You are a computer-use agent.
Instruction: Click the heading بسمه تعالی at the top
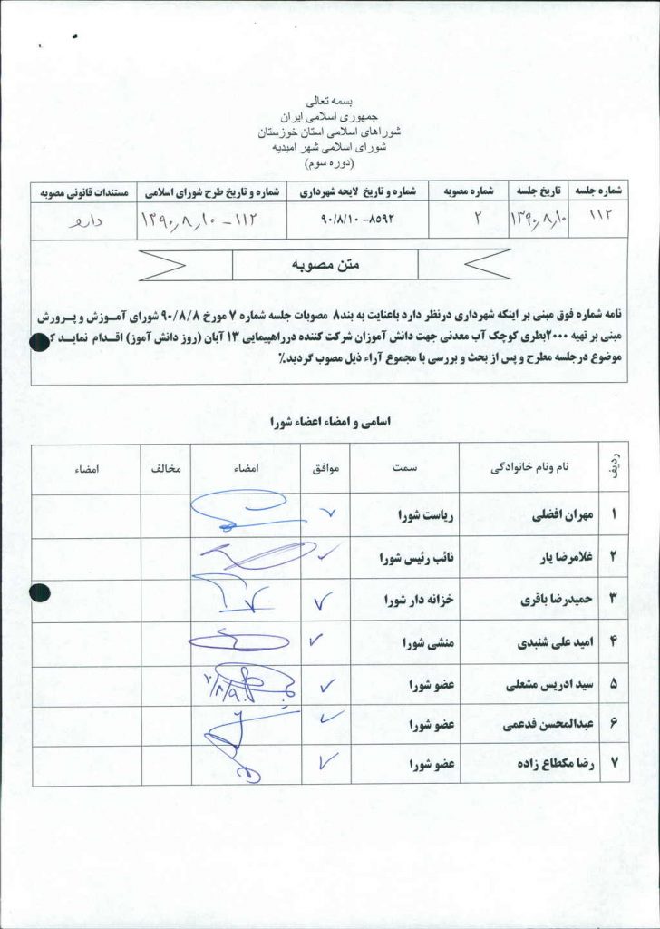point(329,103)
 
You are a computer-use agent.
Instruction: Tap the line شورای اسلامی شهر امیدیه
point(329,145)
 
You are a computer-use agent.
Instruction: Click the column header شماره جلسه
point(598,191)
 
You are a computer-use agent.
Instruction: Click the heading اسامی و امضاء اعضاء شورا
point(329,422)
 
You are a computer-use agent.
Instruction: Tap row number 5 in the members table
point(614,684)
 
